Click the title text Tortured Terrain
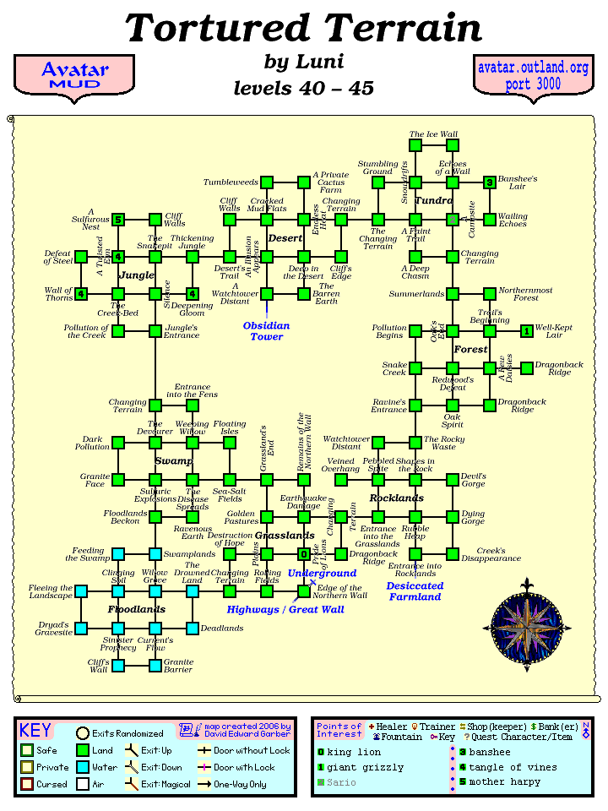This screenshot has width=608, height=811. coord(304,29)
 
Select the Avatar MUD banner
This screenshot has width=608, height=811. coord(75,75)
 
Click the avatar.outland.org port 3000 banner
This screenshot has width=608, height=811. coord(532,76)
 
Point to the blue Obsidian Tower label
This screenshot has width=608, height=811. coord(266,331)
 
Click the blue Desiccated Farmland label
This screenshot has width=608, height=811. coord(415,591)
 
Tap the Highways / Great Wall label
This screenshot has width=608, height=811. coord(285,609)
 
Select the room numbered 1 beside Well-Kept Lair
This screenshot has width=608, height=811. coord(527,331)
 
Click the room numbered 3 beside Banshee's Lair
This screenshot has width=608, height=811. coord(490,182)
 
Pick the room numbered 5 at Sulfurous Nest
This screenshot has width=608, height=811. coord(118,220)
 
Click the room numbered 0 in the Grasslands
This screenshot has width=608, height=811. coord(304,554)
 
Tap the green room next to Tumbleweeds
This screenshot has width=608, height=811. coord(267,182)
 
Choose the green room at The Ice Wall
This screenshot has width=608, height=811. coord(415,145)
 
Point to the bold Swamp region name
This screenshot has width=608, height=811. coord(173,461)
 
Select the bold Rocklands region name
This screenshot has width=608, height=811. coord(396,498)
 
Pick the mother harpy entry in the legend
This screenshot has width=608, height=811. coord(501,782)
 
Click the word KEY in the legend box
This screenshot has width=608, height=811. coord(35,731)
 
